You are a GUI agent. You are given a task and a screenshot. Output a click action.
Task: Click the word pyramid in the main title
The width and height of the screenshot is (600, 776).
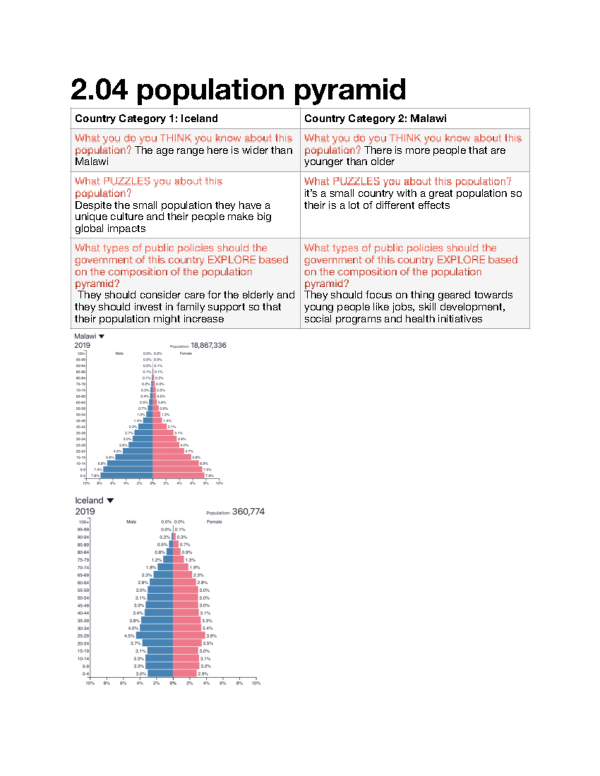(349, 90)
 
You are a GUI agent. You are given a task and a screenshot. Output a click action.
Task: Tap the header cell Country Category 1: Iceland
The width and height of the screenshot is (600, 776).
(146, 118)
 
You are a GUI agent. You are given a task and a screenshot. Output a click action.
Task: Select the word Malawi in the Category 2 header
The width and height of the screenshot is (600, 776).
(428, 118)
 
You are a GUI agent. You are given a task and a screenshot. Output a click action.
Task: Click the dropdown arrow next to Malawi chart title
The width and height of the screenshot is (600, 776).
(101, 336)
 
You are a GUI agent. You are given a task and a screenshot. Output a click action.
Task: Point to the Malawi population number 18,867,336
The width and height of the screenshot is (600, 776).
(208, 345)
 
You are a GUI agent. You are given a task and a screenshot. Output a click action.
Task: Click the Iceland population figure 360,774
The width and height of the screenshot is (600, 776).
(248, 511)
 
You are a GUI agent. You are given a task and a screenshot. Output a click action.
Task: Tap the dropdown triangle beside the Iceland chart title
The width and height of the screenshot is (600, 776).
(110, 500)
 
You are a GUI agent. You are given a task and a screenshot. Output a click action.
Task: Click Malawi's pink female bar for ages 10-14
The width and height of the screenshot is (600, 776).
(175, 463)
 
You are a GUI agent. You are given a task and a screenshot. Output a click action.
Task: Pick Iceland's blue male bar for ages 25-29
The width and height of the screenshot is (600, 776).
(154, 636)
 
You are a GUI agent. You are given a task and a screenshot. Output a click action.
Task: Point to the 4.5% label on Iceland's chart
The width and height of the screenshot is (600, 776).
(129, 636)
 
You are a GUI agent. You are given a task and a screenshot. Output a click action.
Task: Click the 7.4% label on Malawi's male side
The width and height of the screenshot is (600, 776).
(98, 470)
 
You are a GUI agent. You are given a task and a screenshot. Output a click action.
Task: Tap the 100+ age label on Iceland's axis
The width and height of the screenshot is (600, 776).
(83, 522)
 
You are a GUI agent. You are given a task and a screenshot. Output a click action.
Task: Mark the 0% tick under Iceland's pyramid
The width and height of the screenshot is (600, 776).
(173, 683)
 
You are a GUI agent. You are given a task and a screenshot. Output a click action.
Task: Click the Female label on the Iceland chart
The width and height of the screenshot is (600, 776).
(214, 522)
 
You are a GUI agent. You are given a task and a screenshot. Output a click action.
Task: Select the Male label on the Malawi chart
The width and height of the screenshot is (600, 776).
(119, 353)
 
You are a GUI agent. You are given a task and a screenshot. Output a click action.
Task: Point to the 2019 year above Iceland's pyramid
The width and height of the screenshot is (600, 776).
(85, 511)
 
